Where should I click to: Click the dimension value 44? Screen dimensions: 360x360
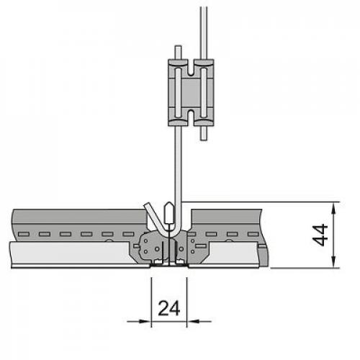click(x=320, y=235)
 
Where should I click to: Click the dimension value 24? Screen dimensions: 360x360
click(x=169, y=308)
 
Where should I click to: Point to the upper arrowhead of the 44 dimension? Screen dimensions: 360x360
click(x=333, y=208)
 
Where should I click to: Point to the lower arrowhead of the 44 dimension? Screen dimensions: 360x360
click(x=333, y=262)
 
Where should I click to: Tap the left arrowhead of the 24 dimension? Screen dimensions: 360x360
click(x=145, y=321)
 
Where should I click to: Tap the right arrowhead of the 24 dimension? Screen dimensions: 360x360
click(x=193, y=321)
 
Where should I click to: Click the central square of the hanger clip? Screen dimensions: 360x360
click(x=191, y=92)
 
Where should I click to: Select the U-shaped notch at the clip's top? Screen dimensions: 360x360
click(x=191, y=68)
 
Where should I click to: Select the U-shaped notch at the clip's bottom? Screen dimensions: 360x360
click(x=191, y=117)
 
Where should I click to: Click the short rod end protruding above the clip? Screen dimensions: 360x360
click(x=178, y=53)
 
